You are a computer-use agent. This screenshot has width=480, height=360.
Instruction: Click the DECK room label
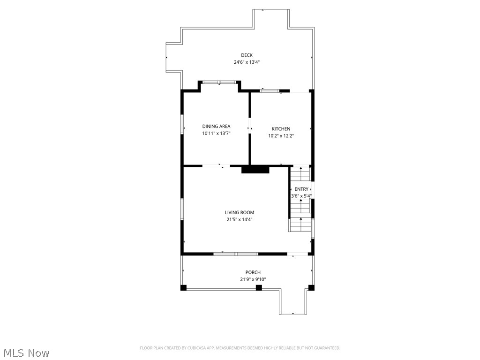(247, 55)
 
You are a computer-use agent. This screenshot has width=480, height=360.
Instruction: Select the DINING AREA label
(216, 126)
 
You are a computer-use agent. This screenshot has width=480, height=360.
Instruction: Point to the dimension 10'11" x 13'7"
(216, 133)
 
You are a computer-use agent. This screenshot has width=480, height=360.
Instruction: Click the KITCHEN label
(281, 129)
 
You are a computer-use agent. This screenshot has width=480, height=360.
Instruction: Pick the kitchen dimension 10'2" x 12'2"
(281, 136)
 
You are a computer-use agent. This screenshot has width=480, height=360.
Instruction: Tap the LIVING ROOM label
(239, 212)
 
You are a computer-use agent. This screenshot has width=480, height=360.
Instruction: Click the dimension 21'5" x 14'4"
(239, 219)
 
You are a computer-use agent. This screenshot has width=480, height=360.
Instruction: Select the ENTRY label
(301, 189)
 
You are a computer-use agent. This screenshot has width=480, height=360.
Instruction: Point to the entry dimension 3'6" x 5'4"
(301, 196)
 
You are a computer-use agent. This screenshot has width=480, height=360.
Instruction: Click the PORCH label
(253, 272)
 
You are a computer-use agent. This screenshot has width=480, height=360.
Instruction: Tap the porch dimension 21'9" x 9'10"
(253, 279)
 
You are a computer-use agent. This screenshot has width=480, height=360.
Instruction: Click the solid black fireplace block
(255, 169)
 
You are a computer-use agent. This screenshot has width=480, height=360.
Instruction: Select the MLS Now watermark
(26, 352)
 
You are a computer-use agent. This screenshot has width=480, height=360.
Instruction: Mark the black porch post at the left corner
(184, 287)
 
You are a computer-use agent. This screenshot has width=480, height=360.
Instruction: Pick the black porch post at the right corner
(311, 287)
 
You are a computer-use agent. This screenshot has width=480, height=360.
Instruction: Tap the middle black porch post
(259, 287)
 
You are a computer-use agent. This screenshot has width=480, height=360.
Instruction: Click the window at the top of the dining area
(219, 82)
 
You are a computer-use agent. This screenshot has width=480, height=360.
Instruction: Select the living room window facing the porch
(236, 254)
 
